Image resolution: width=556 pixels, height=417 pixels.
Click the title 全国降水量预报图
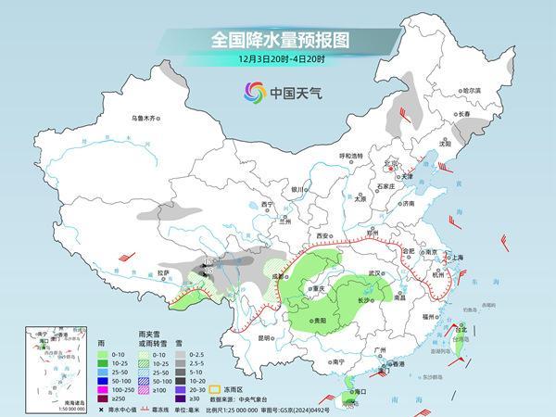[277, 40]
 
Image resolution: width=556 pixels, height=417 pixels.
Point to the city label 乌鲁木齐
[145, 119]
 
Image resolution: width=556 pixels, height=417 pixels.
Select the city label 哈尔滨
[473, 90]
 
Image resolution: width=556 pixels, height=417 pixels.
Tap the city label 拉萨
[163, 272]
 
